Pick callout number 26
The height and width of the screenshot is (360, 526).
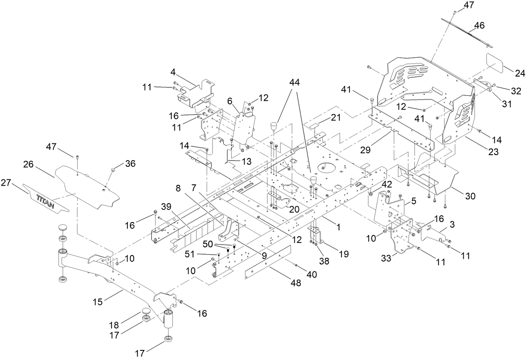(x=28, y=165)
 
